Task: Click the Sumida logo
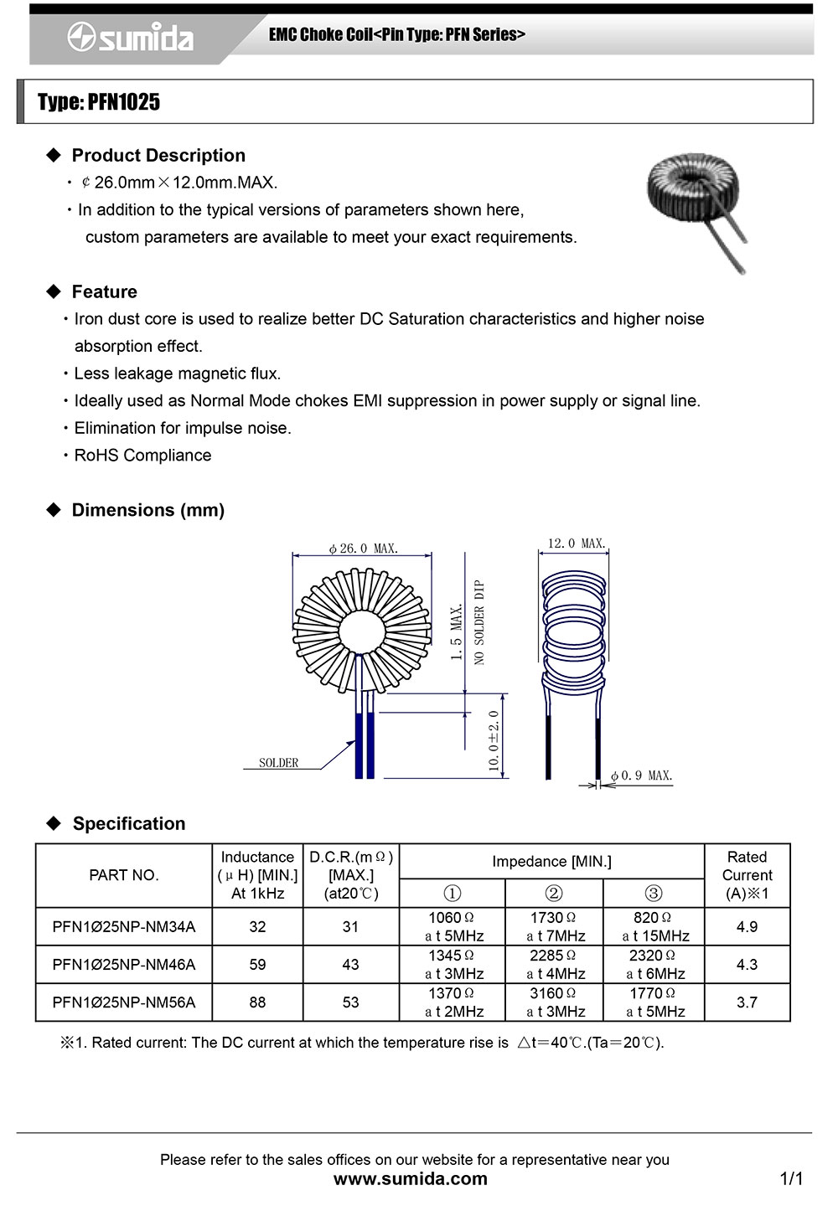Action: click(131, 38)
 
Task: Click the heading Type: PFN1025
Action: click(99, 102)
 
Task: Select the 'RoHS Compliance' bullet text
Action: click(142, 456)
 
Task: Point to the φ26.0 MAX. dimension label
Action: click(364, 549)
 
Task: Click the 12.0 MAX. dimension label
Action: click(576, 544)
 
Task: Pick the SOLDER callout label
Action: click(278, 763)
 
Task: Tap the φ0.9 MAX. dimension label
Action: click(641, 776)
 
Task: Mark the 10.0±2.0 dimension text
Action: click(494, 740)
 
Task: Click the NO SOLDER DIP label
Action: click(479, 622)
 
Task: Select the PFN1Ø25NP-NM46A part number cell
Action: click(124, 965)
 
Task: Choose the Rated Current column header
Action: click(747, 875)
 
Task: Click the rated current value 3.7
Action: click(747, 1002)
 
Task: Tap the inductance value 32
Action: click(257, 927)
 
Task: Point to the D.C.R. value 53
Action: click(350, 1002)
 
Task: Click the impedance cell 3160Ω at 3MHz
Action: click(555, 1002)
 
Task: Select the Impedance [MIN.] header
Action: click(551, 862)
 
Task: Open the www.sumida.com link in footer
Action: click(411, 1179)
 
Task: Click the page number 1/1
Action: click(791, 1179)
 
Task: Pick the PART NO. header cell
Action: click(124, 875)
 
